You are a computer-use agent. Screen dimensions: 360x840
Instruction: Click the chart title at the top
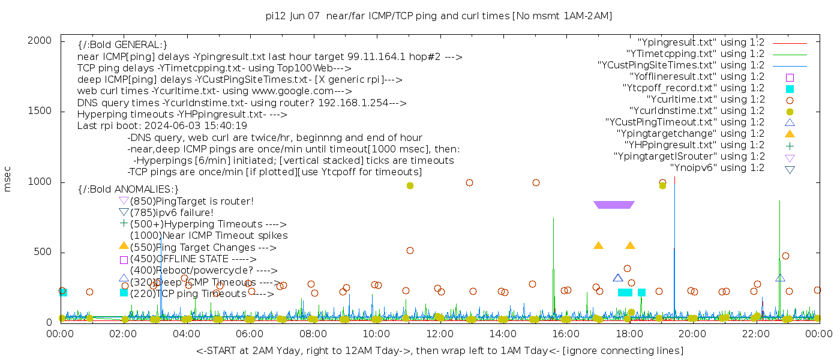coord(439,16)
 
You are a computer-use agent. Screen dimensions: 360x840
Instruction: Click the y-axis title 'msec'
coord(8,179)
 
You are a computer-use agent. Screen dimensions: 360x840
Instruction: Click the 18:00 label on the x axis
coord(629,334)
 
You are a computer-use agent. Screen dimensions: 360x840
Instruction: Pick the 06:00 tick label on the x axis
coord(250,334)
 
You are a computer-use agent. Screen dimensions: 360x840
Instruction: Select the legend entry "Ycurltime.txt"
coord(705,100)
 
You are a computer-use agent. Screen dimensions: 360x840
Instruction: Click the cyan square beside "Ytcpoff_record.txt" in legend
coord(790,89)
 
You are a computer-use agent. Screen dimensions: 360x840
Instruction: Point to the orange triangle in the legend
coord(790,134)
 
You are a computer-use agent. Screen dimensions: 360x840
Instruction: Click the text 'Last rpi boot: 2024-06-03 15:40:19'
coord(162,126)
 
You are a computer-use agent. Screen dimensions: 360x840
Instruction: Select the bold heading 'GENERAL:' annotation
coord(122,45)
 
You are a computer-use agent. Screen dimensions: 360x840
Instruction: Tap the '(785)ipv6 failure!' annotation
coord(172,213)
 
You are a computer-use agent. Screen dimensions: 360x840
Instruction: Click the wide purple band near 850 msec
coord(613,205)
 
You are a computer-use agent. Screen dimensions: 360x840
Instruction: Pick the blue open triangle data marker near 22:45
coord(780,278)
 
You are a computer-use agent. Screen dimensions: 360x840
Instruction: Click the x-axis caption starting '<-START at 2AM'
coord(439,350)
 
